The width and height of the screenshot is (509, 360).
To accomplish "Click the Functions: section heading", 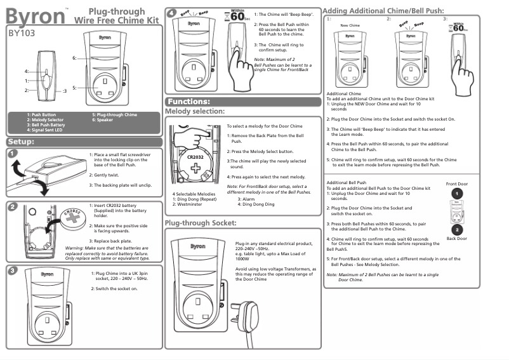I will tap(188, 102).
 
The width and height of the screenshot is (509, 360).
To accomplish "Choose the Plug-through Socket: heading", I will tap(201, 223).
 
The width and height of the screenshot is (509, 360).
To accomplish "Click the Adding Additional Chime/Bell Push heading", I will tap(383, 10).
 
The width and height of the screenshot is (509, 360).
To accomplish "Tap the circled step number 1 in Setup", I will tap(13, 152).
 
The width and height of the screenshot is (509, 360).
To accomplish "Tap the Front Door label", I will tap(456, 184).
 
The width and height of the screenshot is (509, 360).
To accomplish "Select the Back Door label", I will tap(456, 238).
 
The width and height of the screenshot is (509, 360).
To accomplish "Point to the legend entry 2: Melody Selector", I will tap(45, 119).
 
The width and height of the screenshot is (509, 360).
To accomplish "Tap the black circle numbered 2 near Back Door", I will tap(456, 229).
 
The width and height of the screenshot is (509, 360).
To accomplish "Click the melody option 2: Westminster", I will tap(192, 204).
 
